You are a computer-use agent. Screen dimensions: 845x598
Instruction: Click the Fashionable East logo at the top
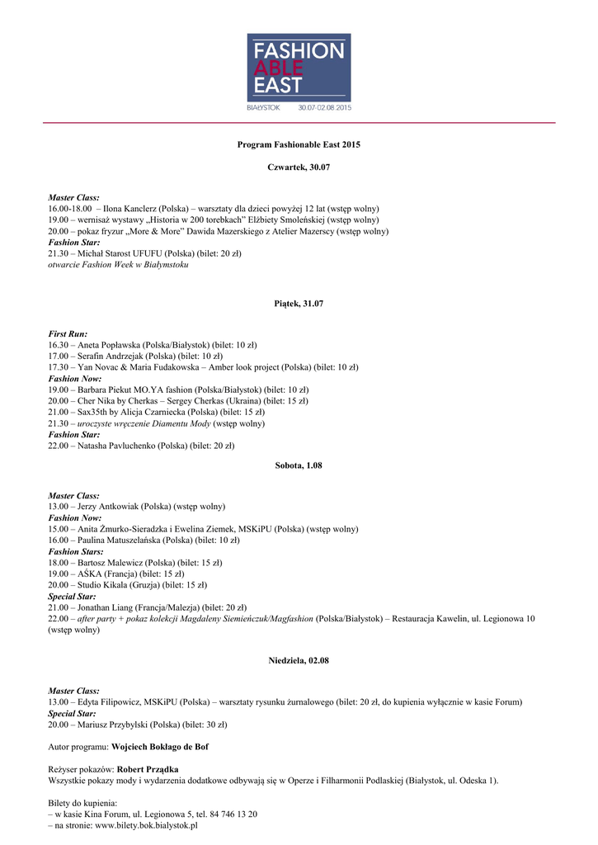[299, 73]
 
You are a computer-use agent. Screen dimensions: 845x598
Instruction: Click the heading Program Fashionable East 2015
[299, 144]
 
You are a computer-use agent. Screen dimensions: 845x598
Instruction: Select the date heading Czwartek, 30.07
[299, 168]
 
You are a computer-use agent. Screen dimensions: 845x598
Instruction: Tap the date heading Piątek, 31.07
[299, 304]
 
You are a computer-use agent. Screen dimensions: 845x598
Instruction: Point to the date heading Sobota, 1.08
[299, 465]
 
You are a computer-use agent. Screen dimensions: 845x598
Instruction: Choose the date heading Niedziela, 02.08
[299, 661]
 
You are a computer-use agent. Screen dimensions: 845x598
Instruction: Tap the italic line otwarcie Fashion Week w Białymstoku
[119, 266]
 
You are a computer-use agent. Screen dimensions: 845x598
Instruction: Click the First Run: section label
[68, 333]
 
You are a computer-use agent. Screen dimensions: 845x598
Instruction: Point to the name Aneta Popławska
[109, 344]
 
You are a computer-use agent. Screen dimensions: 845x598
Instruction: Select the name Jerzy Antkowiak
[109, 506]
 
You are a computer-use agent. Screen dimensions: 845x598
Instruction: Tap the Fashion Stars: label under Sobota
[75, 551]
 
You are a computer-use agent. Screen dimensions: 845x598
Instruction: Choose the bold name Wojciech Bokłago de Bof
[159, 747]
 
